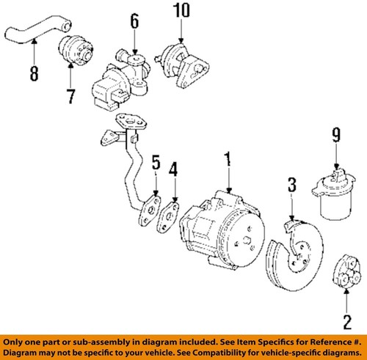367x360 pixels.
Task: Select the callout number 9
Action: click(x=335, y=136)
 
